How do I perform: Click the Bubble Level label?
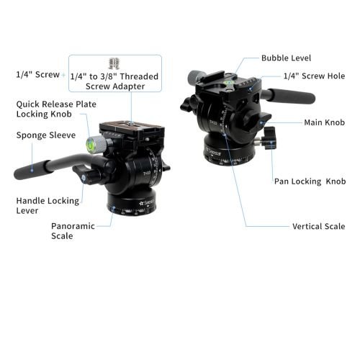coord(286,58)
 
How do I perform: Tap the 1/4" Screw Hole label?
coord(314,76)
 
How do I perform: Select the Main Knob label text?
coord(324,122)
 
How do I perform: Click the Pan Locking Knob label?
coord(310,181)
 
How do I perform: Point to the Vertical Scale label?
coord(319,226)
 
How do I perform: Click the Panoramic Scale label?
coord(73,231)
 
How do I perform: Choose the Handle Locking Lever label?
coord(48,206)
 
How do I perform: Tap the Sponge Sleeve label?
coord(46,135)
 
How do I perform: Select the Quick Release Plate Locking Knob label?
coord(56,109)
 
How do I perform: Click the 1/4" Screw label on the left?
coord(37,75)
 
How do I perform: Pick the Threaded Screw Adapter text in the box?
coord(114,81)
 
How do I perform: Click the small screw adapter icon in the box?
coord(114,63)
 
